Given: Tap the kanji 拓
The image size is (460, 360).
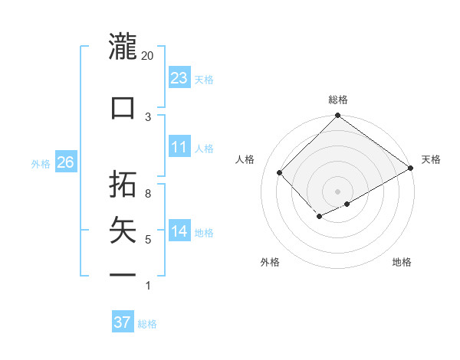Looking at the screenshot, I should (123, 184).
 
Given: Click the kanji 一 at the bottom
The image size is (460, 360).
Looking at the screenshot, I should (123, 273).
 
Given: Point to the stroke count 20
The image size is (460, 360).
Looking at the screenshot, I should (147, 56).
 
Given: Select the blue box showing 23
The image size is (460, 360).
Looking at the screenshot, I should (179, 77).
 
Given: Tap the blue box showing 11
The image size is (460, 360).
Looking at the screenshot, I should (179, 147).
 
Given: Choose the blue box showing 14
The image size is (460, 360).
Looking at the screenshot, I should (179, 231).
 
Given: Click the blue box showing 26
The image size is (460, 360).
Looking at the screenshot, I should (65, 162).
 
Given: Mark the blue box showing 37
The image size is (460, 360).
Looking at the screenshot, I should (123, 322).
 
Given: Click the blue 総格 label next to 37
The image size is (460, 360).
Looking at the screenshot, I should (147, 324).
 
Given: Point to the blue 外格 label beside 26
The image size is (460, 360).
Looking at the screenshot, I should (41, 163).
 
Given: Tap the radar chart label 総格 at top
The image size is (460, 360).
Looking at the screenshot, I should (338, 100).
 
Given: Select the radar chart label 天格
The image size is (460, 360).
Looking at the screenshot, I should (431, 159).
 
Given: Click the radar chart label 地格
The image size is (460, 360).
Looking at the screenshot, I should (402, 262).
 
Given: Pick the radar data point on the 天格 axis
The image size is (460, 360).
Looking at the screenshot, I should (411, 169).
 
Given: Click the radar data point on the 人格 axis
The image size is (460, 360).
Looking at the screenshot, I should (280, 172).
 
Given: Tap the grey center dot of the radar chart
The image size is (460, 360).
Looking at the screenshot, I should (337, 190).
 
